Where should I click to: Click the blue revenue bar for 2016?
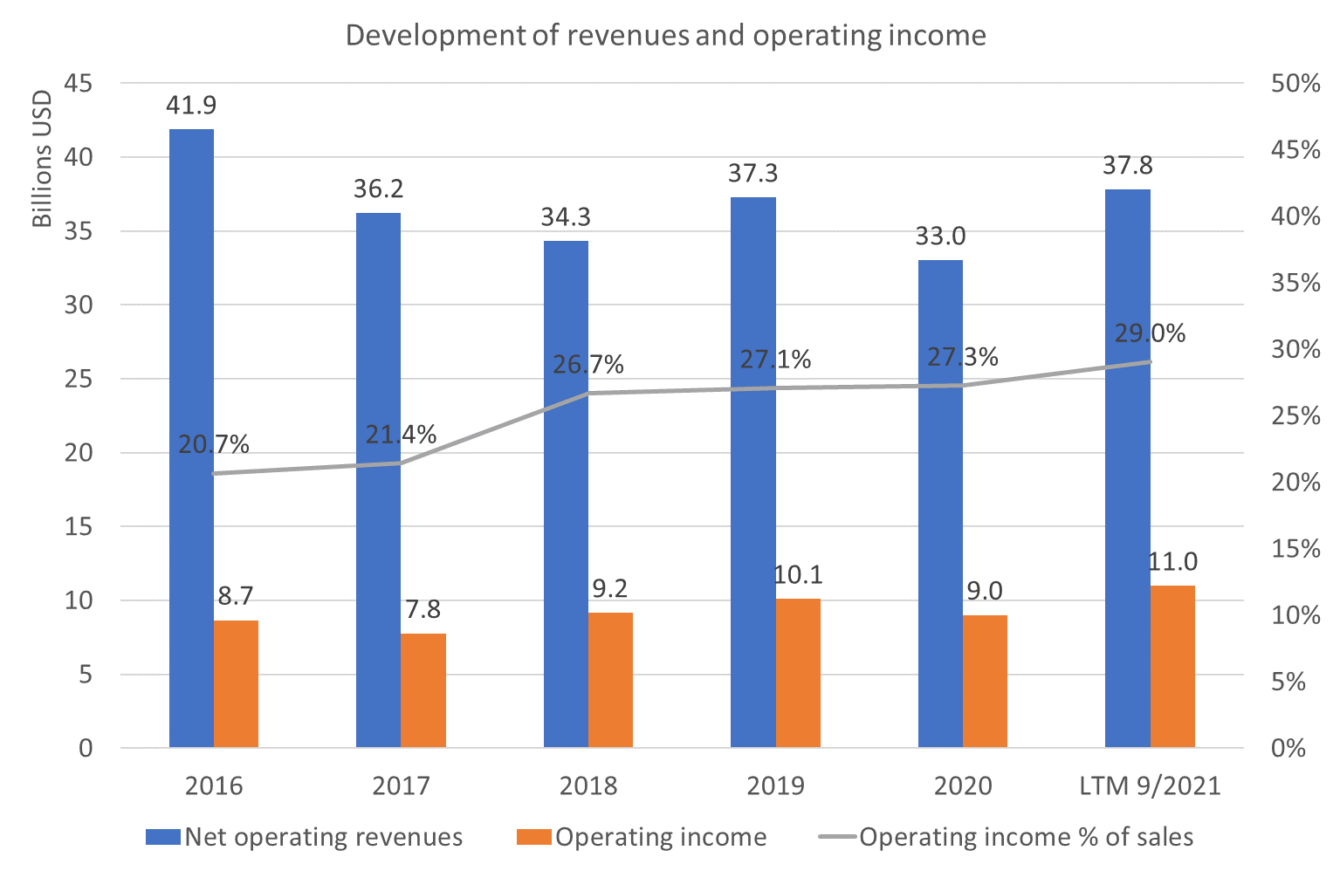pyautogui.click(x=192, y=438)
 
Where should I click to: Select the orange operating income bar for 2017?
pyautogui.click(x=423, y=690)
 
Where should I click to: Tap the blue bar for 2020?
pyautogui.click(x=940, y=504)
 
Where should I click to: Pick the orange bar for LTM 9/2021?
pyautogui.click(x=1172, y=666)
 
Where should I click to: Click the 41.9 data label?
pyautogui.click(x=191, y=106)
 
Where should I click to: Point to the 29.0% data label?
pyautogui.click(x=1150, y=333)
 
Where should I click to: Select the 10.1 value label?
pyautogui.click(x=798, y=575)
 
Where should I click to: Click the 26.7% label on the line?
pyautogui.click(x=588, y=365)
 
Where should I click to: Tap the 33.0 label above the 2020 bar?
pyautogui.click(x=940, y=237)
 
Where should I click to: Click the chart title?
pyautogui.click(x=666, y=35)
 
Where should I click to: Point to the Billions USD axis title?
pyautogui.click(x=42, y=158)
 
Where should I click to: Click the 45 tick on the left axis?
pyautogui.click(x=79, y=83)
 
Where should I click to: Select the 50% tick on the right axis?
pyautogui.click(x=1295, y=83)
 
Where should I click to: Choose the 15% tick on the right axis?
pyautogui.click(x=1295, y=549)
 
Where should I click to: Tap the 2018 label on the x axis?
pyautogui.click(x=588, y=786)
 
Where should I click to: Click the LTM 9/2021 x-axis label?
pyautogui.click(x=1150, y=786)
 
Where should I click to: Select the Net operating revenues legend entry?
pyautogui.click(x=305, y=837)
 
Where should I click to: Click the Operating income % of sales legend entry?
pyautogui.click(x=1006, y=837)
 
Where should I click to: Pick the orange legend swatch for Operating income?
pyautogui.click(x=533, y=837)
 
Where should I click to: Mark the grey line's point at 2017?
pyautogui.click(x=401, y=463)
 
